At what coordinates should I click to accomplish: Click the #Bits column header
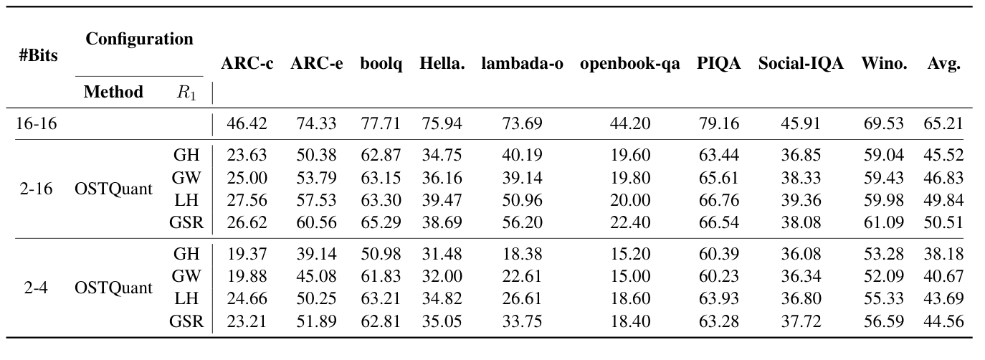39,55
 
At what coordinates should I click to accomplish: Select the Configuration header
139,39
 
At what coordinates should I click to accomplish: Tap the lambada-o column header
522,64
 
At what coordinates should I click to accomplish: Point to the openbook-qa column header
629,64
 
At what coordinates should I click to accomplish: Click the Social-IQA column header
801,64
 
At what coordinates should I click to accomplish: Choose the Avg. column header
943,64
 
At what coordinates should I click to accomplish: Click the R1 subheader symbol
186,93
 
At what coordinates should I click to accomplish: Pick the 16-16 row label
37,123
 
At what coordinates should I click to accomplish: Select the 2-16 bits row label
33,189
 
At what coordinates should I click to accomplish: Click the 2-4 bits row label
30,288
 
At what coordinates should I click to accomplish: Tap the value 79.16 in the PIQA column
718,123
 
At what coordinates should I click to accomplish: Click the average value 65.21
943,123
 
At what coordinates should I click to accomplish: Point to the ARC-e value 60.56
316,222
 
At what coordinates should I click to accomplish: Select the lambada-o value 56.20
522,222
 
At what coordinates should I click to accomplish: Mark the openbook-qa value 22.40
629,222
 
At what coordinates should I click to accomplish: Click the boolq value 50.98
380,255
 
